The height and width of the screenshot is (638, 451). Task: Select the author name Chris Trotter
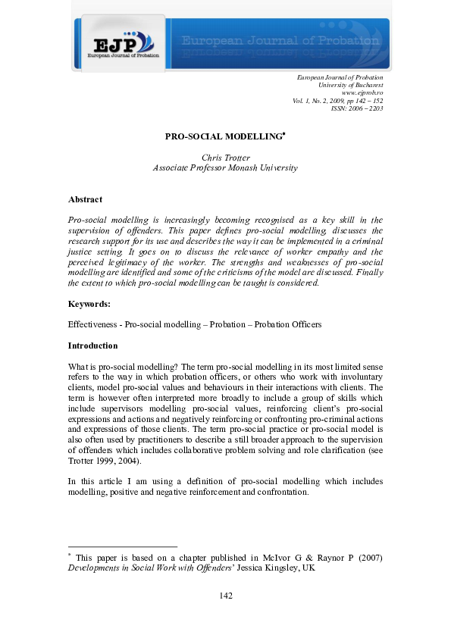pyautogui.click(x=225, y=158)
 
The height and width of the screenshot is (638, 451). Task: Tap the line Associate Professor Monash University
pyautogui.click(x=225, y=168)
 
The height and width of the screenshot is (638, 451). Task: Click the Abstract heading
pyautogui.click(x=85, y=199)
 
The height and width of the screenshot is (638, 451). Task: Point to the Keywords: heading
pyautogui.click(x=89, y=304)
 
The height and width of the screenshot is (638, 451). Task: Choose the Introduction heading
pyautogui.click(x=92, y=346)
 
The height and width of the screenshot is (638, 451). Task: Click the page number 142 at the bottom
pyautogui.click(x=225, y=596)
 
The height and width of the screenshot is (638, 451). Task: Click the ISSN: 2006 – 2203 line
pyautogui.click(x=357, y=108)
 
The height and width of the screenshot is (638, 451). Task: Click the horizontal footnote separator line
pyautogui.click(x=122, y=546)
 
